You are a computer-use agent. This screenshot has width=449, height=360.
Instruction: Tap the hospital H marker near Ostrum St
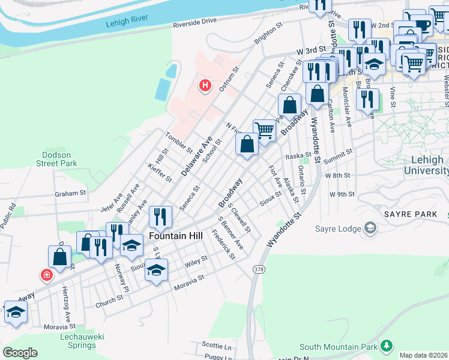205,86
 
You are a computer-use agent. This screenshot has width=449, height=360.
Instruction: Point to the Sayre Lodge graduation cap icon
370,227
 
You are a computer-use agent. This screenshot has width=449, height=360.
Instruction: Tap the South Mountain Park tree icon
387,346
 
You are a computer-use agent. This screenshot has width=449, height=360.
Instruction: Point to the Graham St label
71,194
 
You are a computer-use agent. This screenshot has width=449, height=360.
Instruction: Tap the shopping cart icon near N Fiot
264,129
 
